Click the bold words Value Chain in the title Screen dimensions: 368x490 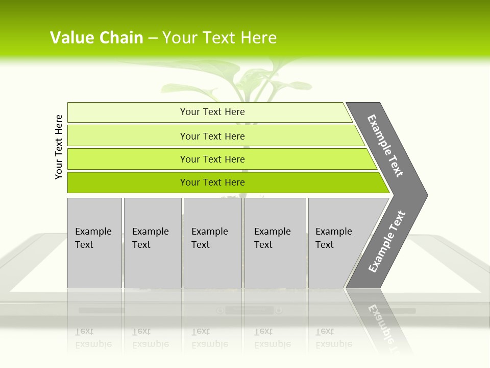click(x=96, y=37)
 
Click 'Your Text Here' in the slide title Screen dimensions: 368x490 click(x=219, y=37)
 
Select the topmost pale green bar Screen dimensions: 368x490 click(x=128, y=112)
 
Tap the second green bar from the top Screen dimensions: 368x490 click(x=128, y=136)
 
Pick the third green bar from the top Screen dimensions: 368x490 click(x=128, y=159)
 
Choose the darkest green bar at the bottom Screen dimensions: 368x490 click(x=128, y=182)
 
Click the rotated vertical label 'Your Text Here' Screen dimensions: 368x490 click(x=59, y=147)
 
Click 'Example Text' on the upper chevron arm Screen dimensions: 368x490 click(x=386, y=146)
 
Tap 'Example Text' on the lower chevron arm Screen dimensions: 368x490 click(x=387, y=242)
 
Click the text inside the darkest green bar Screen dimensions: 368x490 click(x=212, y=182)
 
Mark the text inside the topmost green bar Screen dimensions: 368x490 click(x=212, y=112)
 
